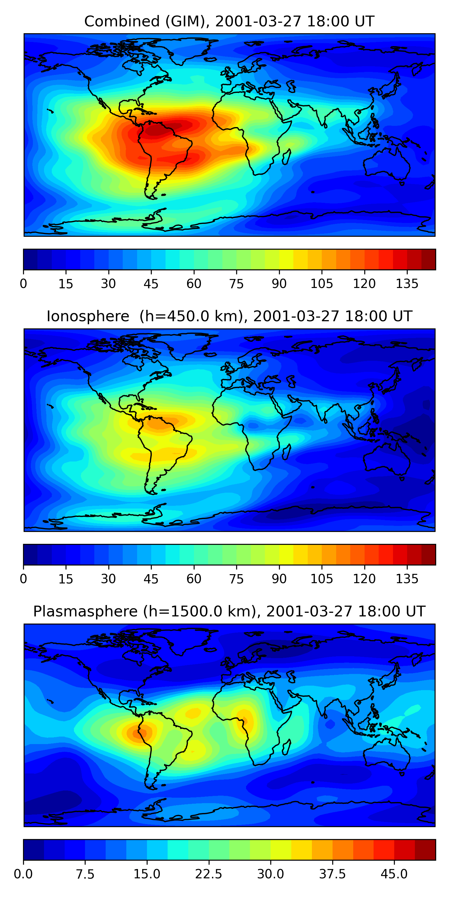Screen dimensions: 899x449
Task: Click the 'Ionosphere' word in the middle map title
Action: [x=88, y=316]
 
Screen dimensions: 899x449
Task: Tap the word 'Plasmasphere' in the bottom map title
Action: [x=85, y=611]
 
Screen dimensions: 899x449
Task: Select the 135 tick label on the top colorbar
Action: [x=407, y=284]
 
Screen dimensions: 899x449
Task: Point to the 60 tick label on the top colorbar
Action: [x=194, y=284]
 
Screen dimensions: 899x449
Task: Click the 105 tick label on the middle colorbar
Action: [x=321, y=579]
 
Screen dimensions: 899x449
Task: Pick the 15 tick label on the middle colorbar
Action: [x=66, y=579]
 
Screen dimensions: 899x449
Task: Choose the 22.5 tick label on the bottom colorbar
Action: [x=208, y=874]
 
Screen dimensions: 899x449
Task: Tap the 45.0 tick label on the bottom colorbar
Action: [x=394, y=874]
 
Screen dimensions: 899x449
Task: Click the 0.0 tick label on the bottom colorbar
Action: [x=23, y=874]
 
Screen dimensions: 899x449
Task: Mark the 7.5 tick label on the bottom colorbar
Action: [x=85, y=874]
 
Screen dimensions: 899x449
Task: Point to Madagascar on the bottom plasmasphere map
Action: [x=286, y=747]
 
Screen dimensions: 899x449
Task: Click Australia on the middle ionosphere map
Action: [x=387, y=461]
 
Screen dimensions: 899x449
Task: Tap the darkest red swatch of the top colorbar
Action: [x=428, y=259]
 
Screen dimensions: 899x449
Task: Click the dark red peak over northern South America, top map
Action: [x=157, y=131]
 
